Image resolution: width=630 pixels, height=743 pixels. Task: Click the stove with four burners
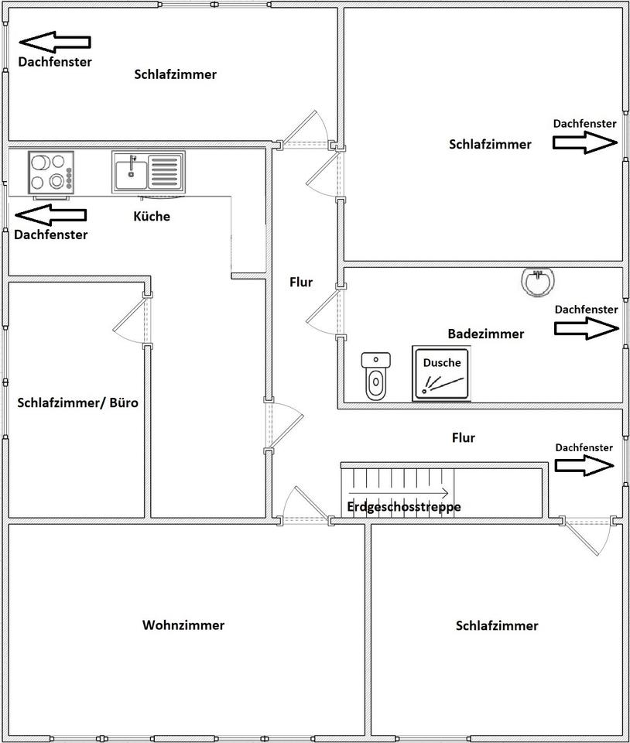(x=51, y=171)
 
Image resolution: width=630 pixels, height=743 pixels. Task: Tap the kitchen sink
(x=148, y=171)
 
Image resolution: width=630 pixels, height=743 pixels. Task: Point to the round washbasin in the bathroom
(x=537, y=282)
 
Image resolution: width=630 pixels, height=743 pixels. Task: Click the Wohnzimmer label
(x=183, y=625)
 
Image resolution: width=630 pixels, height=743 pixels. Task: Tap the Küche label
(x=152, y=217)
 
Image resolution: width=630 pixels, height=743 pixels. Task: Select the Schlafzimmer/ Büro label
(x=77, y=403)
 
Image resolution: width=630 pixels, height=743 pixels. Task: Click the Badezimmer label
(x=485, y=334)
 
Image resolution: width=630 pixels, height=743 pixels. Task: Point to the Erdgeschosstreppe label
(x=404, y=507)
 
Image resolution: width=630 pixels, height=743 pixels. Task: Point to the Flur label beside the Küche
(x=301, y=282)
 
